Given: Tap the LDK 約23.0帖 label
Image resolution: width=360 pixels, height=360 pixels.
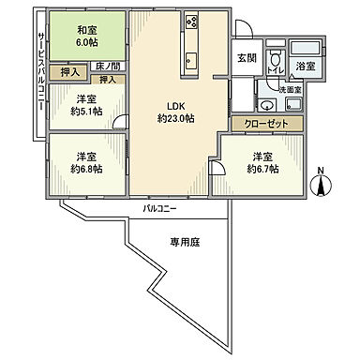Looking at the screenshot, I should [173, 112].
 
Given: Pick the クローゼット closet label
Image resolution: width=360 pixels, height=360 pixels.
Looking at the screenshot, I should [267, 123].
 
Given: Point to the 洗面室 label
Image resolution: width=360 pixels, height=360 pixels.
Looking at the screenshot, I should [289, 89].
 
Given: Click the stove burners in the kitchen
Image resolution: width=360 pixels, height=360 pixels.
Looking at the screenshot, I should [192, 20].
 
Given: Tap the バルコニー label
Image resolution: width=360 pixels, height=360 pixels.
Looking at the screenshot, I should [161, 207].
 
